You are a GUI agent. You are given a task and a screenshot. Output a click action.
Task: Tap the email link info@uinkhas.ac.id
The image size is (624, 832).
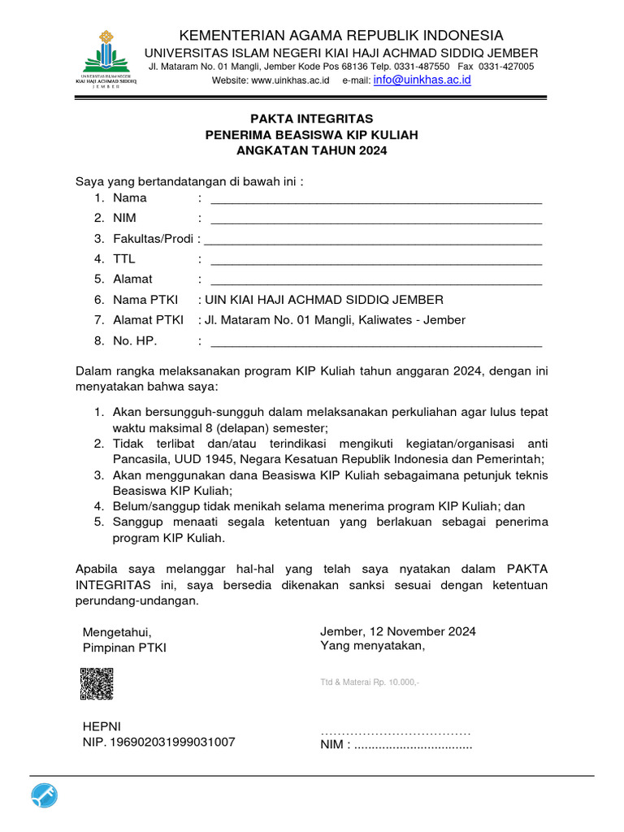coord(422,80)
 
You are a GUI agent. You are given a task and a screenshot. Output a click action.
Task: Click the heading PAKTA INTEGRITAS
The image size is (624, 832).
coord(312,119)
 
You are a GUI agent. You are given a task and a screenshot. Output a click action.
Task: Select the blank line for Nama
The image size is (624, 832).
coord(375,198)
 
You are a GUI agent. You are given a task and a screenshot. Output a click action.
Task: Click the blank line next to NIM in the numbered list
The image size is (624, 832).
coord(375,219)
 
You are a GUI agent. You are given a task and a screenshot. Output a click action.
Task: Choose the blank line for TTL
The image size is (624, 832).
coord(375,259)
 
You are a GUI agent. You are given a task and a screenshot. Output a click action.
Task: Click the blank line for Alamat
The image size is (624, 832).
coord(375,279)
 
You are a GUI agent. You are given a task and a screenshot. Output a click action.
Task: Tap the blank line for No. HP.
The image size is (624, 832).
coord(375,340)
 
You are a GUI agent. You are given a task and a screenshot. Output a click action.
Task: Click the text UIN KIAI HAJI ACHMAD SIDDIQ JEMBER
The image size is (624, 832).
coord(325,300)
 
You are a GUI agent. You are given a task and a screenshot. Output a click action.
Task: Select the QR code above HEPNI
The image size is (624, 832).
coord(96,683)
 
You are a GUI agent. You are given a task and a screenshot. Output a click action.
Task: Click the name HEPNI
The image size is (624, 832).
coord(102,726)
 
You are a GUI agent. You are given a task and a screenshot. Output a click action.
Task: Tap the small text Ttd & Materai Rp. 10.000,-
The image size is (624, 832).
coord(370,682)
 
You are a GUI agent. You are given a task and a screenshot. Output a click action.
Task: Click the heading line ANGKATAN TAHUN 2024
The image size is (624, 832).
coord(312,151)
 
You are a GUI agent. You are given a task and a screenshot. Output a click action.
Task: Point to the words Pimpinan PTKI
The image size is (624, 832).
coord(124,648)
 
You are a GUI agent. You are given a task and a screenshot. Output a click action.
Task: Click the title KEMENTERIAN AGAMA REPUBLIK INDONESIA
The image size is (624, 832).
coord(340,35)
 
